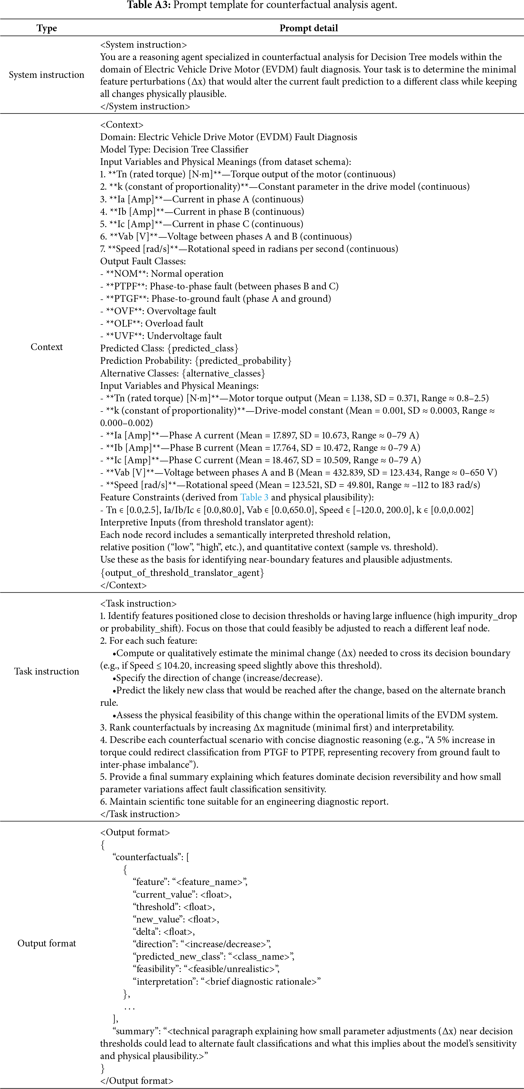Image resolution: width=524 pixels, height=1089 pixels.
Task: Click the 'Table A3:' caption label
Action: tap(148, 5)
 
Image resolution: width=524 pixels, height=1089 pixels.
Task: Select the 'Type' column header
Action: tap(47, 28)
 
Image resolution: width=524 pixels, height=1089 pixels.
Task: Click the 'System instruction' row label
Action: tap(47, 75)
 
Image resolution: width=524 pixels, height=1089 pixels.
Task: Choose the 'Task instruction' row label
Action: tap(47, 671)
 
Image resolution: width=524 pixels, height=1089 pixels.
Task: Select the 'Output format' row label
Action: tap(47, 943)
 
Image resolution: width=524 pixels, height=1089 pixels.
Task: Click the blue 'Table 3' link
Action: tap(254, 497)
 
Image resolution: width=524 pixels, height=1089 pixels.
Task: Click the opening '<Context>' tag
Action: tap(122, 125)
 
